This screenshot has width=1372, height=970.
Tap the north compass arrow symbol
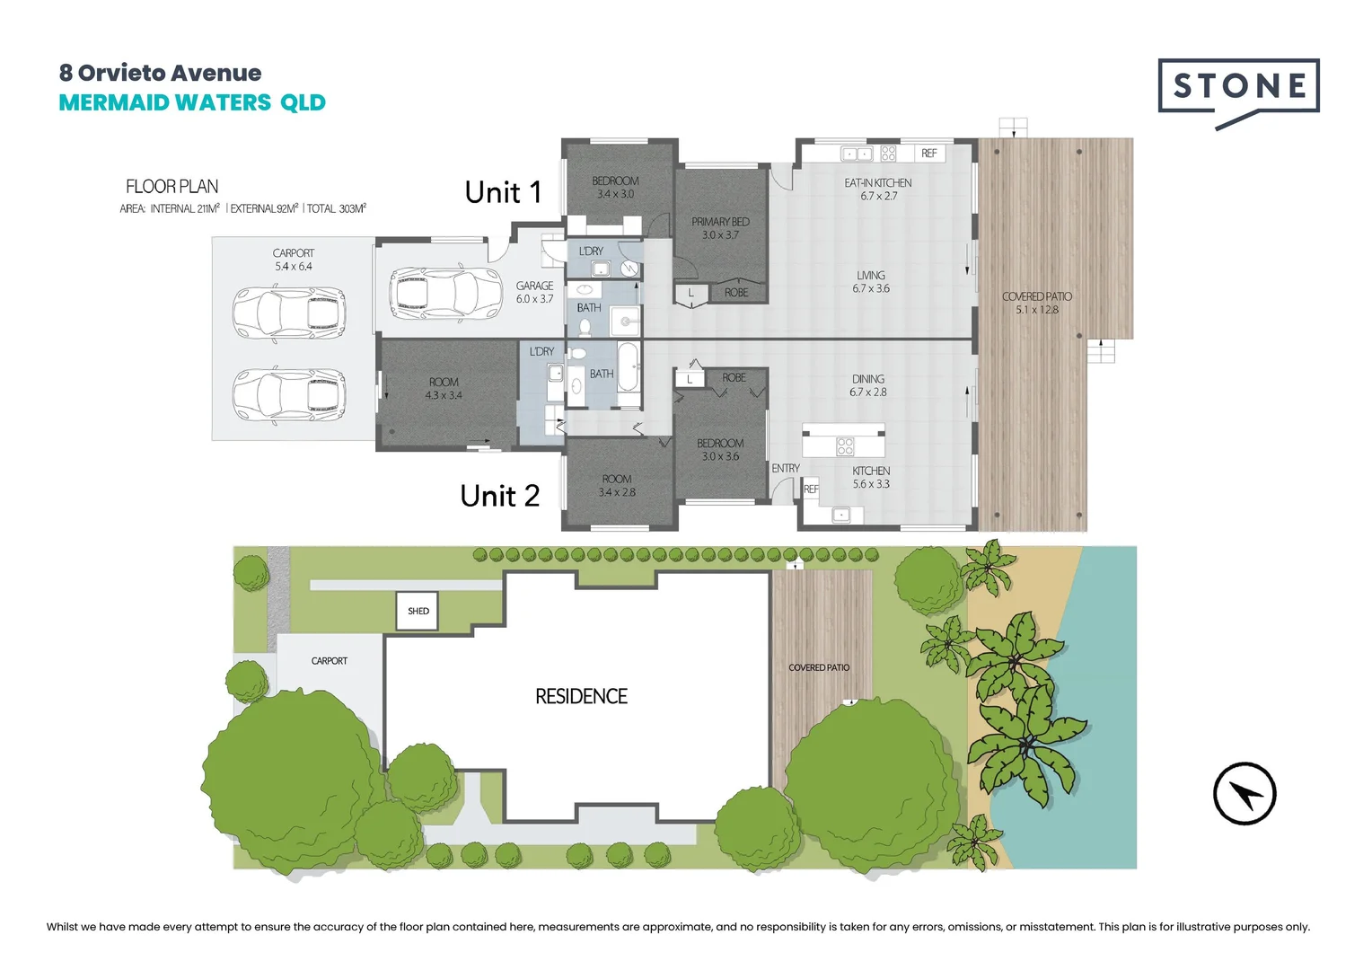(1244, 794)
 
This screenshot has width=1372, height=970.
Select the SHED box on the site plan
(418, 611)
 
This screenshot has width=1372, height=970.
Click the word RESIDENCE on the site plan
(581, 696)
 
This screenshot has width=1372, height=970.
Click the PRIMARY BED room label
(720, 228)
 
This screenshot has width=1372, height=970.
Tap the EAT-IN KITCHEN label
(878, 190)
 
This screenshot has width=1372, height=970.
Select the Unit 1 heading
(504, 192)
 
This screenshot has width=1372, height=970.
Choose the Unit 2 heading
(500, 495)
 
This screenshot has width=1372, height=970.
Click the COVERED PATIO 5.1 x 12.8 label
(1037, 303)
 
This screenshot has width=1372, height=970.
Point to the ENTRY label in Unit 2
(786, 468)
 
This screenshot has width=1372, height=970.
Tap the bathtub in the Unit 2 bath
(629, 366)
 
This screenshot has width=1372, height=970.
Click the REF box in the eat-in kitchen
(929, 154)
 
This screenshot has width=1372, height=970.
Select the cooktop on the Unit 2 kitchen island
(845, 445)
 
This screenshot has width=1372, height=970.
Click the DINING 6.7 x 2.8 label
(868, 385)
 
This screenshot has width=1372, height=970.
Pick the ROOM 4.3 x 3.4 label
(444, 389)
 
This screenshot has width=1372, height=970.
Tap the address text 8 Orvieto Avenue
(160, 73)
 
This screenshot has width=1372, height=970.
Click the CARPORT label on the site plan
(329, 660)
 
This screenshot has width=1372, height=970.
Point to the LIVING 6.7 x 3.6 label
(870, 282)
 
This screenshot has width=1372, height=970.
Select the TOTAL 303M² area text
(336, 208)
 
